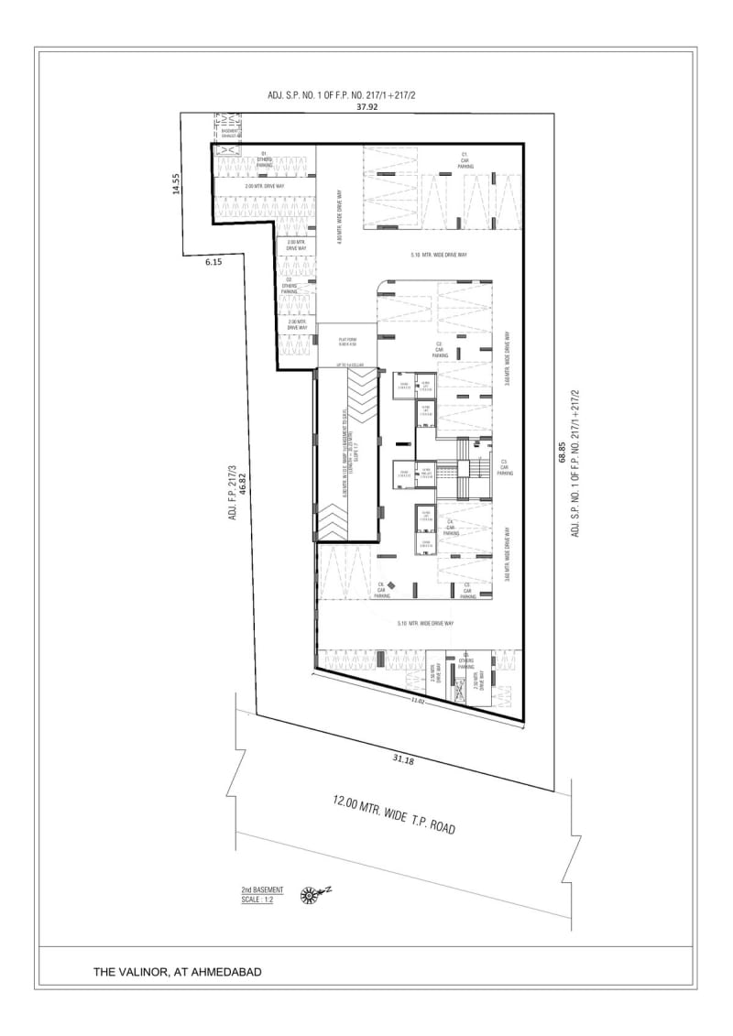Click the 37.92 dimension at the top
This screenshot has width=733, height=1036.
coord(367,106)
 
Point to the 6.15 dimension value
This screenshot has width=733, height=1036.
coord(214,262)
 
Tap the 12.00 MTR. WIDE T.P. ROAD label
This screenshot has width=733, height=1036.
coord(394,814)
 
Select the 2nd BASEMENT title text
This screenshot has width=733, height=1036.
coord(262,889)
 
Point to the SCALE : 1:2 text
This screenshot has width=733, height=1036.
coord(257,899)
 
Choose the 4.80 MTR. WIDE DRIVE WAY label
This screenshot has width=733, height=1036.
coord(340,218)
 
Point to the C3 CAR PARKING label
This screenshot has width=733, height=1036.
coord(503,467)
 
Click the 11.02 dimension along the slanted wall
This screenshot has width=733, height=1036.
coord(418,701)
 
